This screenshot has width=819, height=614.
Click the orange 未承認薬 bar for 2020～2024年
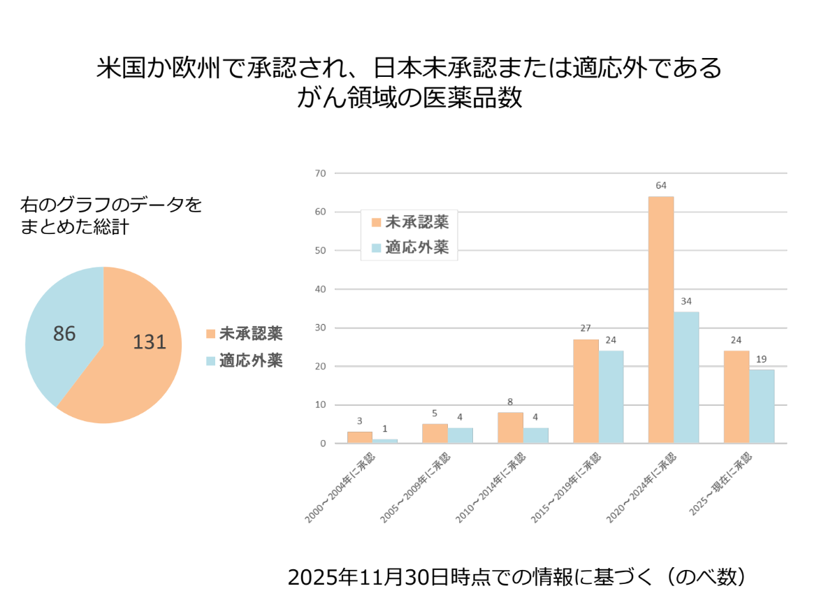pos(661,319)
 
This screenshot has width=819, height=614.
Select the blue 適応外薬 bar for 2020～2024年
pos(686,377)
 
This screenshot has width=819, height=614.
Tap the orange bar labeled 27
pos(586,391)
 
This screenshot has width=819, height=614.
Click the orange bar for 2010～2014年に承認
pos(510,427)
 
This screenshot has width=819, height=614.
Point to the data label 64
pos(661,186)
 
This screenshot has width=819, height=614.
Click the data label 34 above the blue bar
pos(686,302)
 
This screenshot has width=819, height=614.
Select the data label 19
pos(762,359)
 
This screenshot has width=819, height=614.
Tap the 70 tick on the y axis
pos(320,173)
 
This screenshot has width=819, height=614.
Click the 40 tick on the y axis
pos(320,289)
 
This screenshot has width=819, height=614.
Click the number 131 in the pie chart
pos(150,342)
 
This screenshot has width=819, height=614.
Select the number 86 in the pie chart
pos(64,334)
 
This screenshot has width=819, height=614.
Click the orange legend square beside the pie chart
pos(211,334)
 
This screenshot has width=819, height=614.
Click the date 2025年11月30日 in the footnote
pos(369,578)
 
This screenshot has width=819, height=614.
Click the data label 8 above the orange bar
pos(510,402)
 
